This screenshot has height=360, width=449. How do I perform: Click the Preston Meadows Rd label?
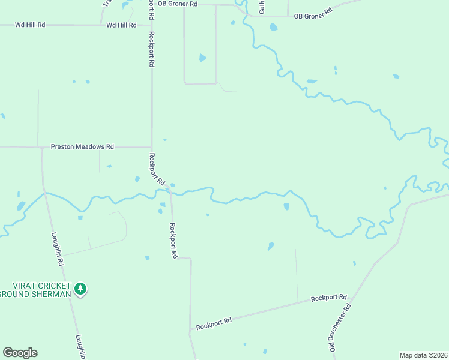click(x=82, y=146)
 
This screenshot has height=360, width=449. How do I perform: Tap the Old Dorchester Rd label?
click(x=340, y=326)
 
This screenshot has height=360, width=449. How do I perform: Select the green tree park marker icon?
click(x=80, y=290)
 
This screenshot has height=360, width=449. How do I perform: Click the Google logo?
click(x=20, y=353)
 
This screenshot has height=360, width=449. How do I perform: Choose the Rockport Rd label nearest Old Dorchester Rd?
click(x=329, y=298)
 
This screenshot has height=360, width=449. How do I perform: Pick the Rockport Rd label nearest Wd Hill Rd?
click(x=151, y=49)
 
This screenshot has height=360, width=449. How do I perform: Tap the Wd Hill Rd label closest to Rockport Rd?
click(x=121, y=25)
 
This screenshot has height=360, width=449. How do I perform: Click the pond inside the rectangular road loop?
click(x=202, y=58)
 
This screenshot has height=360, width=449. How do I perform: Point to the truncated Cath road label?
click(x=262, y=7)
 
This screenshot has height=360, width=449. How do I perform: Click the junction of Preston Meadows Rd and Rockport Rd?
click(x=151, y=146)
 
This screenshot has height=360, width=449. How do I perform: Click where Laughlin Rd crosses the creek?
click(x=44, y=193)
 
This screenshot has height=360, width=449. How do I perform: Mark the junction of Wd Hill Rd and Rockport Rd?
click(x=151, y=25)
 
